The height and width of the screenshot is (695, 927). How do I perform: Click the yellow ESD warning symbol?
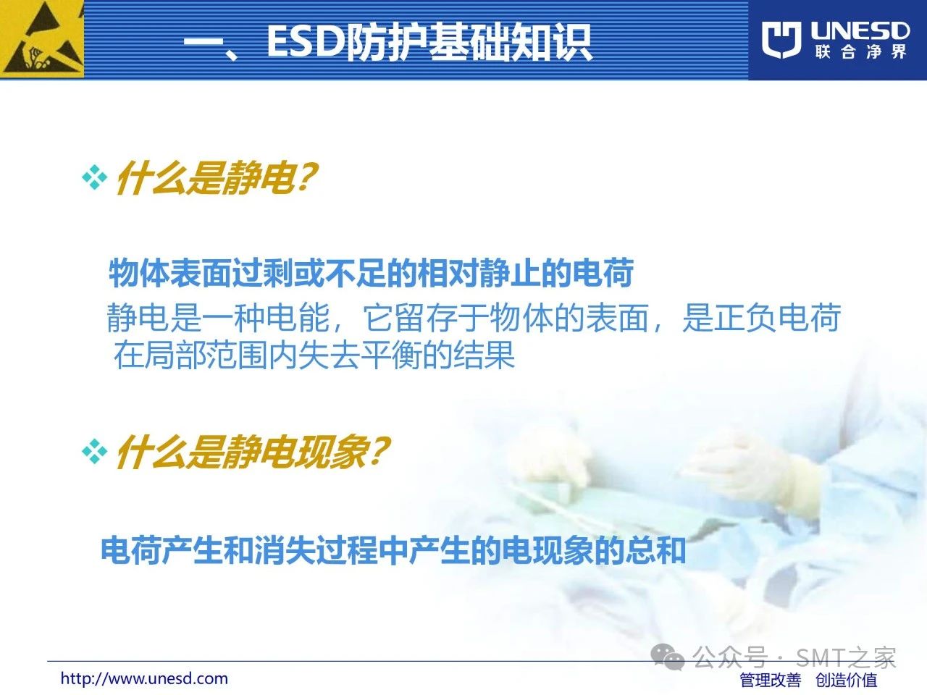click(x=42, y=39)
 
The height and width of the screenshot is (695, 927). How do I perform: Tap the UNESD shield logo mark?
click(x=781, y=40)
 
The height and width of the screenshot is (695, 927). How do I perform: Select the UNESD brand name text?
click(x=860, y=31)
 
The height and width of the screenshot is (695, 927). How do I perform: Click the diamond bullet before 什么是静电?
click(x=94, y=177)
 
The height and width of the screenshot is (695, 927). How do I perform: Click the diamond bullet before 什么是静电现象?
click(x=94, y=451)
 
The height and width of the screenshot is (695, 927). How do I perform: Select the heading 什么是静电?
click(x=217, y=179)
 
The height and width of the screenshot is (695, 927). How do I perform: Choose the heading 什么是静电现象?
click(x=253, y=452)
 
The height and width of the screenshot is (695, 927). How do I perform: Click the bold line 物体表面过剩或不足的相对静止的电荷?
click(x=372, y=274)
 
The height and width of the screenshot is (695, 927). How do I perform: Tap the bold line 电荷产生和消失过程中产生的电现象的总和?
click(x=393, y=550)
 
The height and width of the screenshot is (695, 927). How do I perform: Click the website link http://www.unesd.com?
click(x=144, y=678)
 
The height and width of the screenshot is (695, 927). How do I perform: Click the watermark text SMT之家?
click(x=846, y=657)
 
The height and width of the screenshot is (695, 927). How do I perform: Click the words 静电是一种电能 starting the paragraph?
click(x=218, y=318)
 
